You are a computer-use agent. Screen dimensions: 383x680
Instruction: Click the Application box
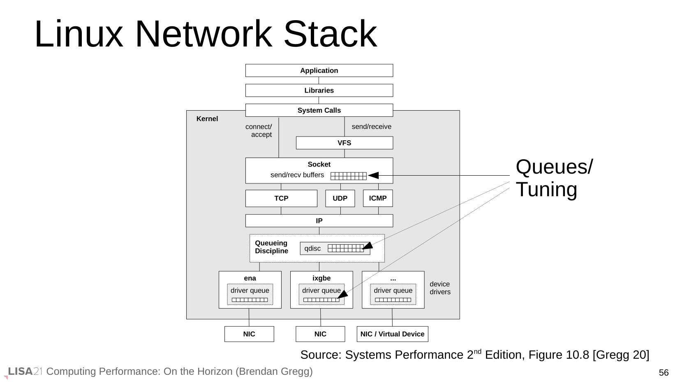(319, 70)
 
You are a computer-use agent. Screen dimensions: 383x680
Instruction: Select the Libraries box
(319, 91)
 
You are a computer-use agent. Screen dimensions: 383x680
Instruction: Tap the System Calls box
(319, 110)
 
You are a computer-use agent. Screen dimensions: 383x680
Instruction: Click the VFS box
(344, 143)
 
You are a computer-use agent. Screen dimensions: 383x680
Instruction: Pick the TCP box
(281, 198)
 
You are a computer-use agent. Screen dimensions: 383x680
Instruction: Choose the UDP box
(340, 198)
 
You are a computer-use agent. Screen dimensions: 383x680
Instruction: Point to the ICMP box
(378, 198)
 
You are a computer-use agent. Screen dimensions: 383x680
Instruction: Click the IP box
(319, 221)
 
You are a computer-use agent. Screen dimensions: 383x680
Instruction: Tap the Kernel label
(207, 119)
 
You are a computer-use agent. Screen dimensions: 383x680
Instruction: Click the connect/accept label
(259, 130)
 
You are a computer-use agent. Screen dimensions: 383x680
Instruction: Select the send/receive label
(371, 127)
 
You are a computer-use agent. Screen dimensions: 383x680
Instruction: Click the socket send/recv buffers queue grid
(348, 176)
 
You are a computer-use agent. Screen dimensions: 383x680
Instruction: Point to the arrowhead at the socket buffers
(373, 176)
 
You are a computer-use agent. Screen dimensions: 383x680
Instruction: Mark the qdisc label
(312, 248)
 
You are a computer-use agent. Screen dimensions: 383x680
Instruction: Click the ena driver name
(250, 279)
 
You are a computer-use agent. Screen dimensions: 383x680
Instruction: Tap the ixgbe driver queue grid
(321, 300)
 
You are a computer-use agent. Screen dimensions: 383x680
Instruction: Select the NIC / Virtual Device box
(392, 334)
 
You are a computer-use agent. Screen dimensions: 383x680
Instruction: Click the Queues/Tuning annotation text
(554, 178)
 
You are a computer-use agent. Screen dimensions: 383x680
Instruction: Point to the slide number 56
(664, 373)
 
